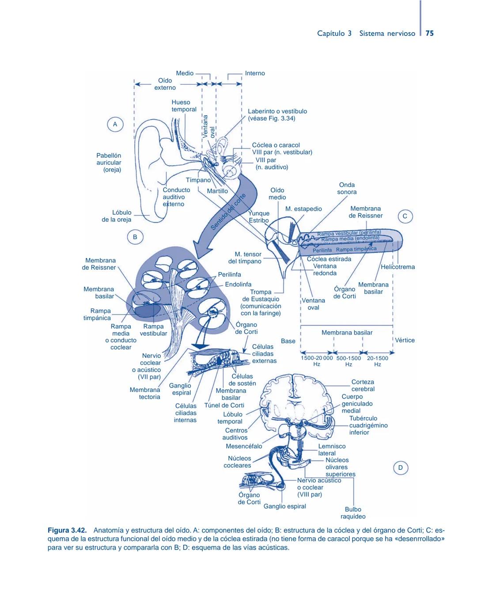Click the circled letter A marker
click(x=115, y=125)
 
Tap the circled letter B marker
click(x=135, y=237)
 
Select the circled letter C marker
click(x=405, y=216)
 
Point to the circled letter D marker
click(x=401, y=468)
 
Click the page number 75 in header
click(x=430, y=34)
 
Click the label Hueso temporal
click(x=184, y=106)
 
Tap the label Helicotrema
click(x=397, y=267)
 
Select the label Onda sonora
click(x=347, y=188)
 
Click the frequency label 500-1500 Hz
click(x=348, y=361)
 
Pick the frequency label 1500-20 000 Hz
click(x=317, y=361)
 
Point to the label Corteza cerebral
click(x=363, y=385)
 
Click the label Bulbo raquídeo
click(x=353, y=512)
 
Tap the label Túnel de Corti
click(x=224, y=405)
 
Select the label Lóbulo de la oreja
click(x=117, y=216)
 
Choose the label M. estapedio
click(x=303, y=209)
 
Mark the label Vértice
click(x=405, y=340)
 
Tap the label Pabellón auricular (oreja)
click(x=109, y=163)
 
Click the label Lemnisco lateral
click(x=327, y=450)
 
